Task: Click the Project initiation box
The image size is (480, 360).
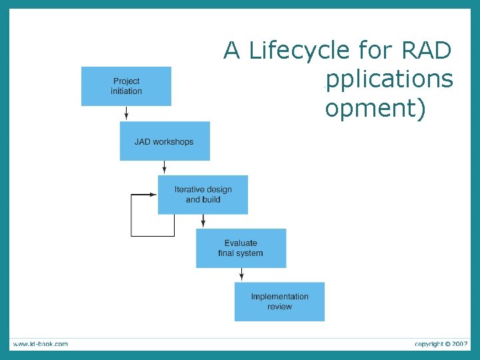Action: point(126,86)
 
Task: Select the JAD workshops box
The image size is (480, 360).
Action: point(165,141)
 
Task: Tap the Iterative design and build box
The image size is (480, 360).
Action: point(203,195)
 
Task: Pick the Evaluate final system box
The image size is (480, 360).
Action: point(241,248)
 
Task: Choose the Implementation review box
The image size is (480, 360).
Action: point(279,301)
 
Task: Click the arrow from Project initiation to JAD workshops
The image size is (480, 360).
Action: point(126,113)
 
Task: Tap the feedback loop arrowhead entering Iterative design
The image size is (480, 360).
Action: point(153,195)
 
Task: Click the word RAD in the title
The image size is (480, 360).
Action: point(427,50)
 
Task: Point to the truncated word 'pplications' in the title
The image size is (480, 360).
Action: point(389,79)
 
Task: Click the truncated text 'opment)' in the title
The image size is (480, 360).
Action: point(375,108)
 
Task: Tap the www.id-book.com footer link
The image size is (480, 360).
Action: point(40,344)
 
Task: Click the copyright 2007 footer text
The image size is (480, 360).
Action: point(441,344)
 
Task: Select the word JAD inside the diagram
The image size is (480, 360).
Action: point(143,142)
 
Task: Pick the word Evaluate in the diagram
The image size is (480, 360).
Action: point(241,243)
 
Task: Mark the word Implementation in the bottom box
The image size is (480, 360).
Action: point(279,297)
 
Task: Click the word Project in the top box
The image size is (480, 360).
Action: point(126,81)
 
